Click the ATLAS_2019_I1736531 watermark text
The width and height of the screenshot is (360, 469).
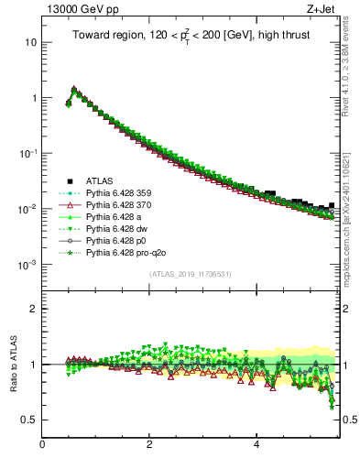pyautogui.click(x=191, y=274)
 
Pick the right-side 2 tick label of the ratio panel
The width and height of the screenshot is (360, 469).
pyautogui.click(x=346, y=309)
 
